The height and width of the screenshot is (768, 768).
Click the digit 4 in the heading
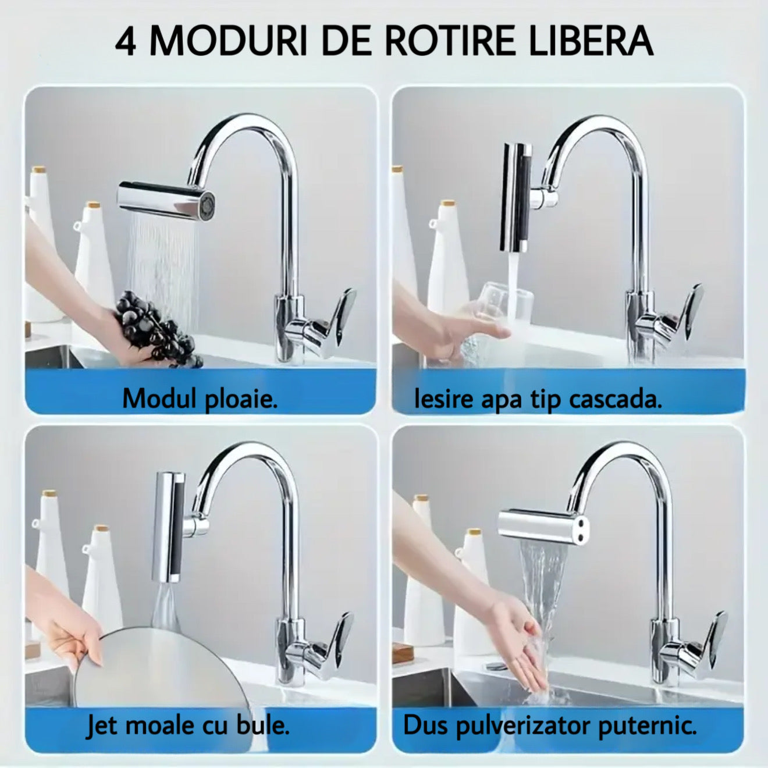pos(126,41)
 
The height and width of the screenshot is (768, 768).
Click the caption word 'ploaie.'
pos(240,400)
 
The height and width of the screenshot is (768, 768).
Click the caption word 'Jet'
pos(103,726)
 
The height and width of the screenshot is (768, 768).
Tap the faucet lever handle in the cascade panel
pos(692,314)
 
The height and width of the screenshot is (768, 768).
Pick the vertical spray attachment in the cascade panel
pos(516,195)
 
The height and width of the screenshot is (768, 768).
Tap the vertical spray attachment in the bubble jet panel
pos(169,527)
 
